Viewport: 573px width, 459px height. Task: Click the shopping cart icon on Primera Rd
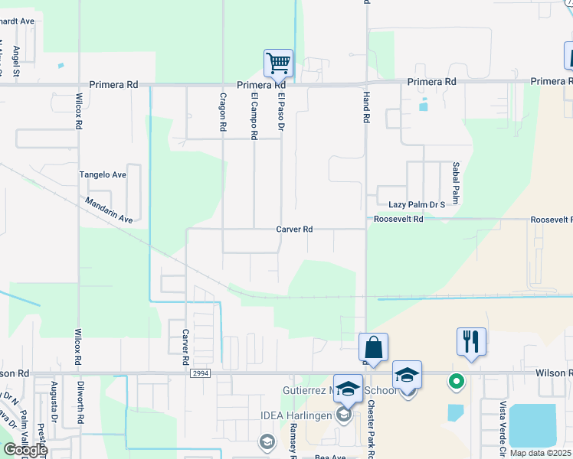pyautogui.click(x=278, y=63)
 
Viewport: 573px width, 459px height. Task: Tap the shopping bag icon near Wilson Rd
pyautogui.click(x=373, y=347)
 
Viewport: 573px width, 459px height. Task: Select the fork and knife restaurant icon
pyautogui.click(x=471, y=341)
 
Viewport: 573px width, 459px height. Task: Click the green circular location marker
pyautogui.click(x=457, y=380)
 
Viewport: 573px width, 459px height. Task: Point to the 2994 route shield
pyautogui.click(x=201, y=373)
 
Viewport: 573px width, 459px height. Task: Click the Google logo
pyautogui.click(x=25, y=450)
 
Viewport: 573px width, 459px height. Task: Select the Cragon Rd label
pyautogui.click(x=223, y=113)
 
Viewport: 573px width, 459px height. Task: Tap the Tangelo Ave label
pyautogui.click(x=103, y=174)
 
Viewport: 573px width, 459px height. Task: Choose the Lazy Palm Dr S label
pyautogui.click(x=417, y=205)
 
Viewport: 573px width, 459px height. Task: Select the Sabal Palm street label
pyautogui.click(x=455, y=177)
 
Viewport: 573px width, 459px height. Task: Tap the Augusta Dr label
pyautogui.click(x=54, y=401)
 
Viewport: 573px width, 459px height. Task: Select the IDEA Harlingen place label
pyautogui.click(x=300, y=415)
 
